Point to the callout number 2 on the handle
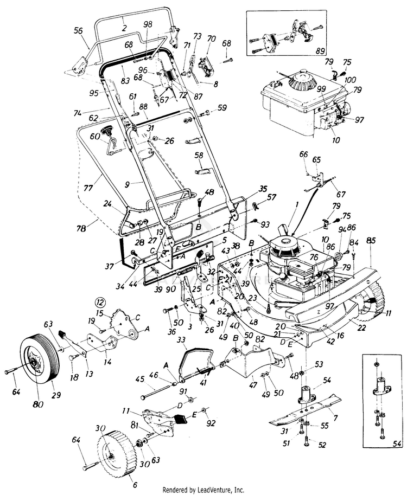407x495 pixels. click(x=124, y=27)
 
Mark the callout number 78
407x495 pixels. click(x=81, y=229)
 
